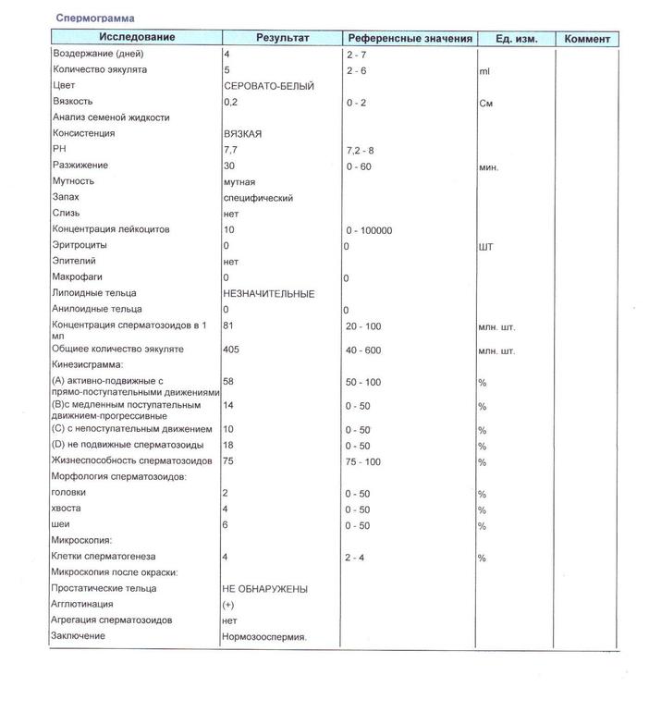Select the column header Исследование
pyautogui.click(x=139, y=39)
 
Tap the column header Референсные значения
pyautogui.click(x=410, y=39)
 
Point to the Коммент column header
pyautogui.click(x=587, y=39)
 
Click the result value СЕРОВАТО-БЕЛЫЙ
pyautogui.click(x=269, y=86)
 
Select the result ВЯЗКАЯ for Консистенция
pyautogui.click(x=243, y=134)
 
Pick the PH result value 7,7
pyautogui.click(x=231, y=149)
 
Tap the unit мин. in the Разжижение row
pyautogui.click(x=489, y=167)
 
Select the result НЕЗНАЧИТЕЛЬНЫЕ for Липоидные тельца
pyautogui.click(x=269, y=294)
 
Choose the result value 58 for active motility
pyautogui.click(x=229, y=381)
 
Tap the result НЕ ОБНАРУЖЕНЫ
pyautogui.click(x=264, y=589)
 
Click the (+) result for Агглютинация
pyautogui.click(x=228, y=605)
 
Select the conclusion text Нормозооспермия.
pyautogui.click(x=264, y=637)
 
